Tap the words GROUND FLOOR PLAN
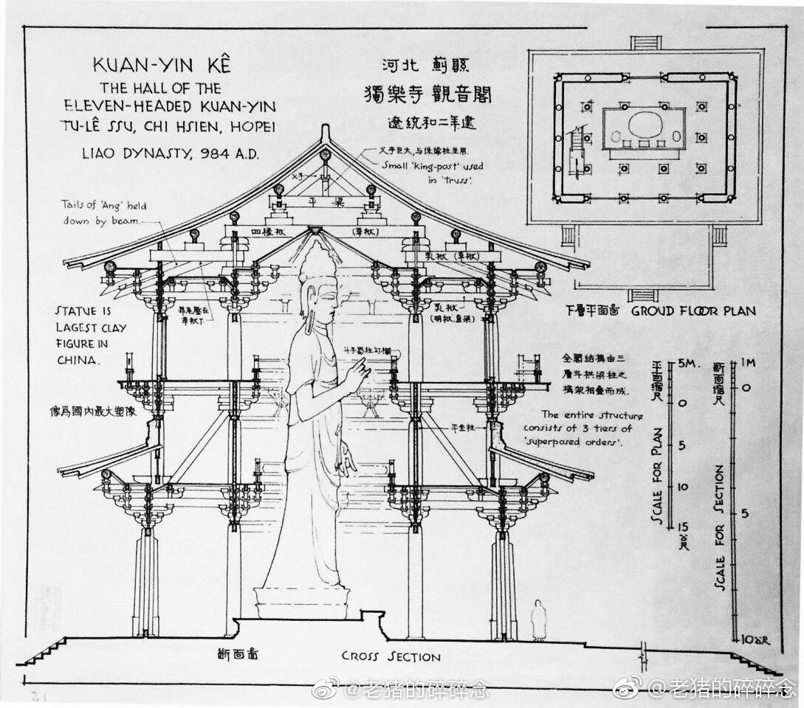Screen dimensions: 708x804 (693, 311)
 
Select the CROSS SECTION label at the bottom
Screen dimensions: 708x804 (391, 656)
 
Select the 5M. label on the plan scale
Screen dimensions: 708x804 (686, 364)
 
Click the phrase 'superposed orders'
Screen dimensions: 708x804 (583, 442)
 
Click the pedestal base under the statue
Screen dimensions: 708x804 (301, 600)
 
